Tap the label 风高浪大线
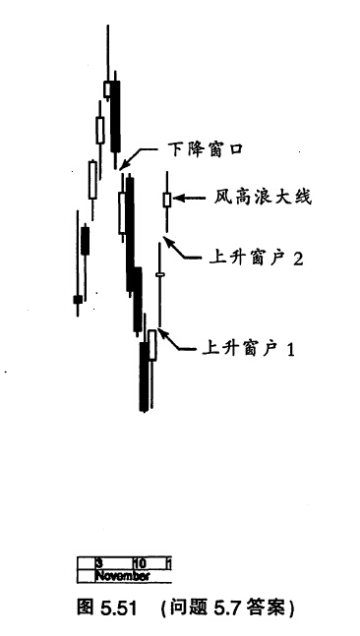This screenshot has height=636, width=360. (x=263, y=199)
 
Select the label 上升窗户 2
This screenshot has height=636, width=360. (x=257, y=258)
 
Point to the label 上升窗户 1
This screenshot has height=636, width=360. (x=248, y=348)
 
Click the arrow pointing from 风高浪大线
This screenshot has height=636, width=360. (x=190, y=199)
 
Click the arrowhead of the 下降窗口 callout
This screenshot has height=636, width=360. (x=123, y=164)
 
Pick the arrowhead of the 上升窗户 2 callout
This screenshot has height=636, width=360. (x=169, y=242)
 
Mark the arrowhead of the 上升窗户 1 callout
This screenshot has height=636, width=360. (x=162, y=333)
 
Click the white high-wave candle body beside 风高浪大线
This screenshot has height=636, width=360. (x=167, y=200)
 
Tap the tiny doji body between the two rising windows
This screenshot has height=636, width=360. (x=160, y=275)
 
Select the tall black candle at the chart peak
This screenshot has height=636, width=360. (x=116, y=117)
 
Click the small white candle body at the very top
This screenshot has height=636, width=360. (x=107, y=88)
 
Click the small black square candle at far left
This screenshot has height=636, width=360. (x=78, y=300)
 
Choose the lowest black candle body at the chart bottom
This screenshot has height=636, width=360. (x=144, y=376)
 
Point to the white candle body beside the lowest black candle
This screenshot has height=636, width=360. (x=152, y=345)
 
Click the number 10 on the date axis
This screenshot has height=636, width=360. (x=140, y=563)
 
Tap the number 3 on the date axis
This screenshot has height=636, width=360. (x=98, y=563)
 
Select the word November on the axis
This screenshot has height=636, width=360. (x=122, y=576)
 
